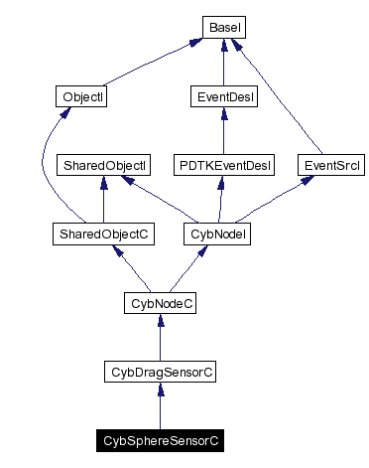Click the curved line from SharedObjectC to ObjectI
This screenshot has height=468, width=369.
(42, 169)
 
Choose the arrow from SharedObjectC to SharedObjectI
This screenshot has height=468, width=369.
(103, 200)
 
